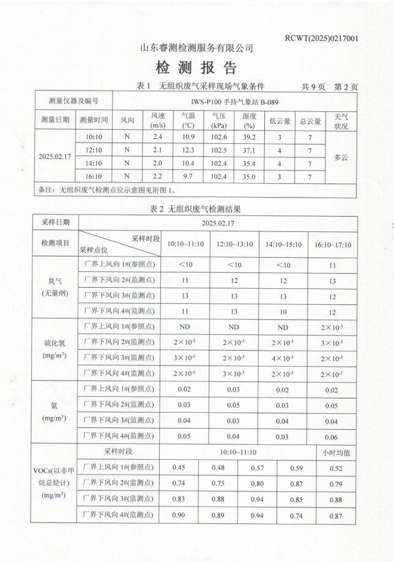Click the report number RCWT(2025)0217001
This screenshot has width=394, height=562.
click(x=322, y=38)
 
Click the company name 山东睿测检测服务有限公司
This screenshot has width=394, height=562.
click(x=197, y=48)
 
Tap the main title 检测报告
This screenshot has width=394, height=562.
click(x=196, y=67)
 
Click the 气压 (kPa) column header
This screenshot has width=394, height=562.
click(x=219, y=121)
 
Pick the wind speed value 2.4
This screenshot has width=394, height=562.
click(x=157, y=137)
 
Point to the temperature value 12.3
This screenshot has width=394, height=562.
click(x=188, y=151)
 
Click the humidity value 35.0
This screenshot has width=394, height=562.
click(x=248, y=177)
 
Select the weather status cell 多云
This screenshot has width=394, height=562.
click(x=340, y=157)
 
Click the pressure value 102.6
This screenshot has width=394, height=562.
click(x=219, y=137)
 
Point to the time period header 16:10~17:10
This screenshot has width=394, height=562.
click(x=333, y=245)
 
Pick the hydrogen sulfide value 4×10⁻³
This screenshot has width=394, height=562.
click(x=283, y=358)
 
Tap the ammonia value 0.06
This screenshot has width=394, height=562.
click(x=332, y=437)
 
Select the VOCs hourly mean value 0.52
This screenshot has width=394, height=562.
click(x=336, y=468)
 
